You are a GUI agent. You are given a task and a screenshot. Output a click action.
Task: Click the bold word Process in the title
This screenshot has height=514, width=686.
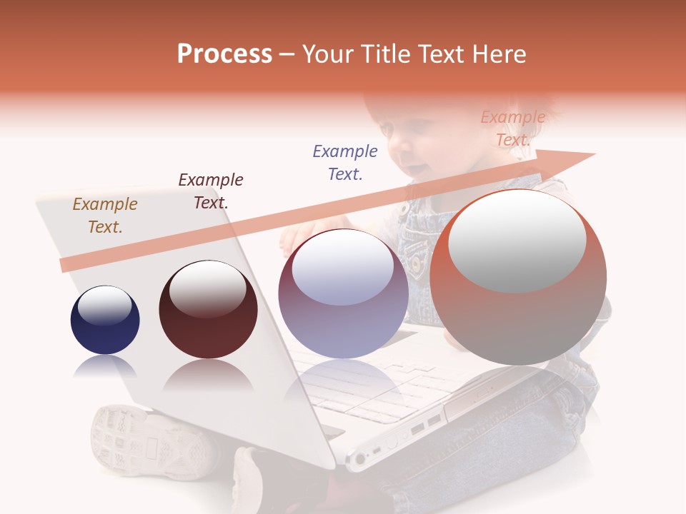tap(224, 54)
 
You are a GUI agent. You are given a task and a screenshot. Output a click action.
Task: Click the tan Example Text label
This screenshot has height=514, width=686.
tap(105, 215)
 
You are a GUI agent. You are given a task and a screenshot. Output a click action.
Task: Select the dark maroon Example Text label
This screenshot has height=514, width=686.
tap(211, 191)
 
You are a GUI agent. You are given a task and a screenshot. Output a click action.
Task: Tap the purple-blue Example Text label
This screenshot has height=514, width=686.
tap(345, 162)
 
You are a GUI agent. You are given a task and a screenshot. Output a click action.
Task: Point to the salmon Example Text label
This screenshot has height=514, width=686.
tap(513, 128)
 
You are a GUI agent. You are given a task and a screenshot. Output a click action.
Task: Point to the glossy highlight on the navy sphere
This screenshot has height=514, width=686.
tap(105, 306)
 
